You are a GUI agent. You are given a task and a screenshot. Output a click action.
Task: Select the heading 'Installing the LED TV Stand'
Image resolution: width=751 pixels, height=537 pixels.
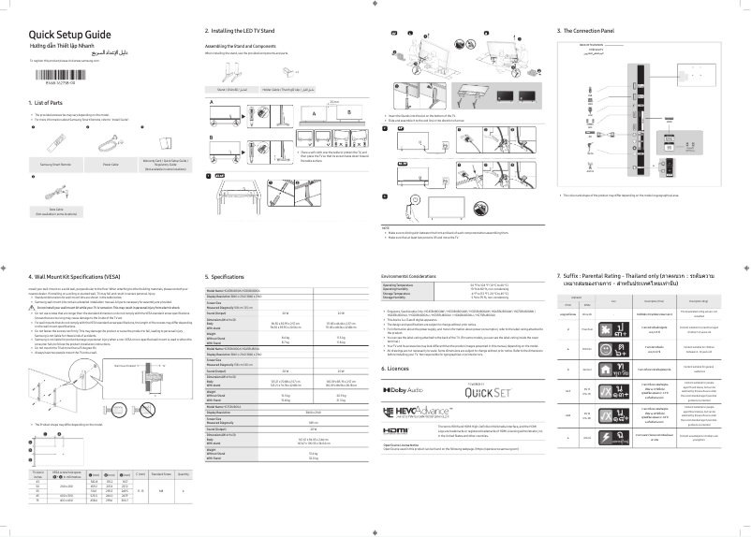(249, 32)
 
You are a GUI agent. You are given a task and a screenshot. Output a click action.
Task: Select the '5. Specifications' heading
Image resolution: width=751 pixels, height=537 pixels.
(227, 278)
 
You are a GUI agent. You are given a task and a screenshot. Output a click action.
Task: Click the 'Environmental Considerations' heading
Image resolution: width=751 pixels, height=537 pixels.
(419, 278)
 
